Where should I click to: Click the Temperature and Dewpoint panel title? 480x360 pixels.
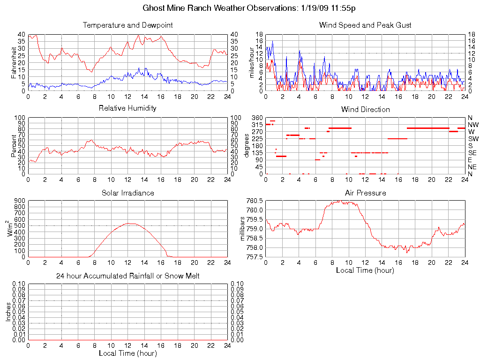(127, 25)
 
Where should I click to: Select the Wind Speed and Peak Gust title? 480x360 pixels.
(365, 25)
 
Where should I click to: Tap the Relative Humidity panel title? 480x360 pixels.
(127, 108)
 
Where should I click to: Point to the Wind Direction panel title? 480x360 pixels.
(365, 110)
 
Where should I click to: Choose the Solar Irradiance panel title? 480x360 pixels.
(127, 193)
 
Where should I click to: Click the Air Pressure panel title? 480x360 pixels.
(365, 193)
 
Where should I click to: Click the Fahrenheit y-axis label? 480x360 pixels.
(14, 62)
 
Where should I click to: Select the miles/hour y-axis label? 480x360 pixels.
(252, 62)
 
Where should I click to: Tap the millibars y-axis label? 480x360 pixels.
(242, 228)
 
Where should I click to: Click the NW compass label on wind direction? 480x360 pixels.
(472, 125)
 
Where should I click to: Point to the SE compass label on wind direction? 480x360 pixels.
(472, 153)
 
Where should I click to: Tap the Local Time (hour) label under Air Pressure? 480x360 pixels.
(365, 270)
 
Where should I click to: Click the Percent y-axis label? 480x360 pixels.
(14, 145)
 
